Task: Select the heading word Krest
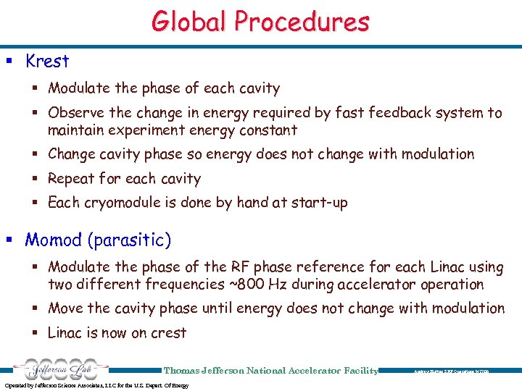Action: pyautogui.click(x=47, y=62)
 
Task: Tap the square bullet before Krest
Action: pyautogui.click(x=14, y=62)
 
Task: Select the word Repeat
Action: pyautogui.click(x=71, y=179)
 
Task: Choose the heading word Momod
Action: pyautogui.click(x=54, y=240)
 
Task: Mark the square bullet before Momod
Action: pyautogui.click(x=14, y=240)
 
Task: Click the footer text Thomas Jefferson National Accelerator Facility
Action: pyautogui.click(x=271, y=371)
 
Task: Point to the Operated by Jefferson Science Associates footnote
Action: pyautogui.click(x=96, y=385)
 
